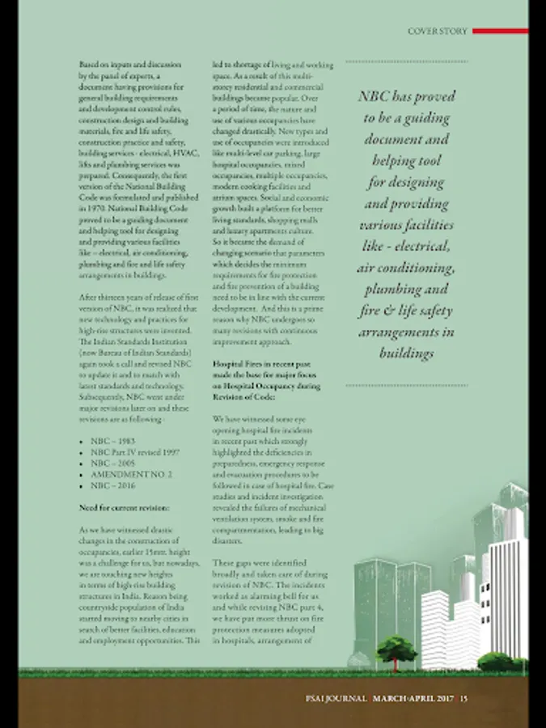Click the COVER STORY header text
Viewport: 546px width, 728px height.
438,32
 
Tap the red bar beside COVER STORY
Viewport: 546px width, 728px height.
500,32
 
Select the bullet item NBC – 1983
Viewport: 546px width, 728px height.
112,442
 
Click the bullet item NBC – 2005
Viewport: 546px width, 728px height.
112,463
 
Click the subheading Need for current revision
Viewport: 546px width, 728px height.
124,507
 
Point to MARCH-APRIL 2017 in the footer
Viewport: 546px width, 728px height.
414,697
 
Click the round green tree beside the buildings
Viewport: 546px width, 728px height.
396,648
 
